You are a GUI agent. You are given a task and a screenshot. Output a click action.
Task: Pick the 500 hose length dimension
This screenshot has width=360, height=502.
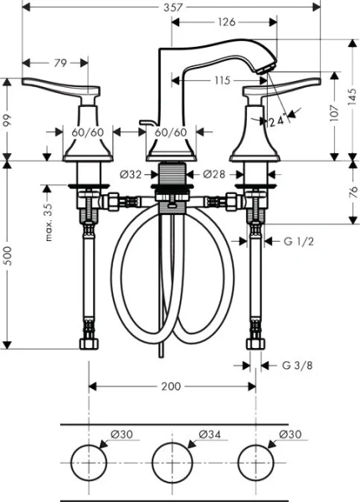point(8,254)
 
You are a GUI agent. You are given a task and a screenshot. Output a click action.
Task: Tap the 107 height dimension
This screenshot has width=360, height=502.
point(335,112)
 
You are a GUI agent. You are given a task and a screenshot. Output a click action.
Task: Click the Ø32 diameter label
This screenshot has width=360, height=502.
point(130,174)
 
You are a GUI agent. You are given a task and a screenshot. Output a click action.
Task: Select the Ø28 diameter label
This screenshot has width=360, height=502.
point(215,174)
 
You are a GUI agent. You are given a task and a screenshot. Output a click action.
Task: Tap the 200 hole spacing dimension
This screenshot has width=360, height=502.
point(171,387)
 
